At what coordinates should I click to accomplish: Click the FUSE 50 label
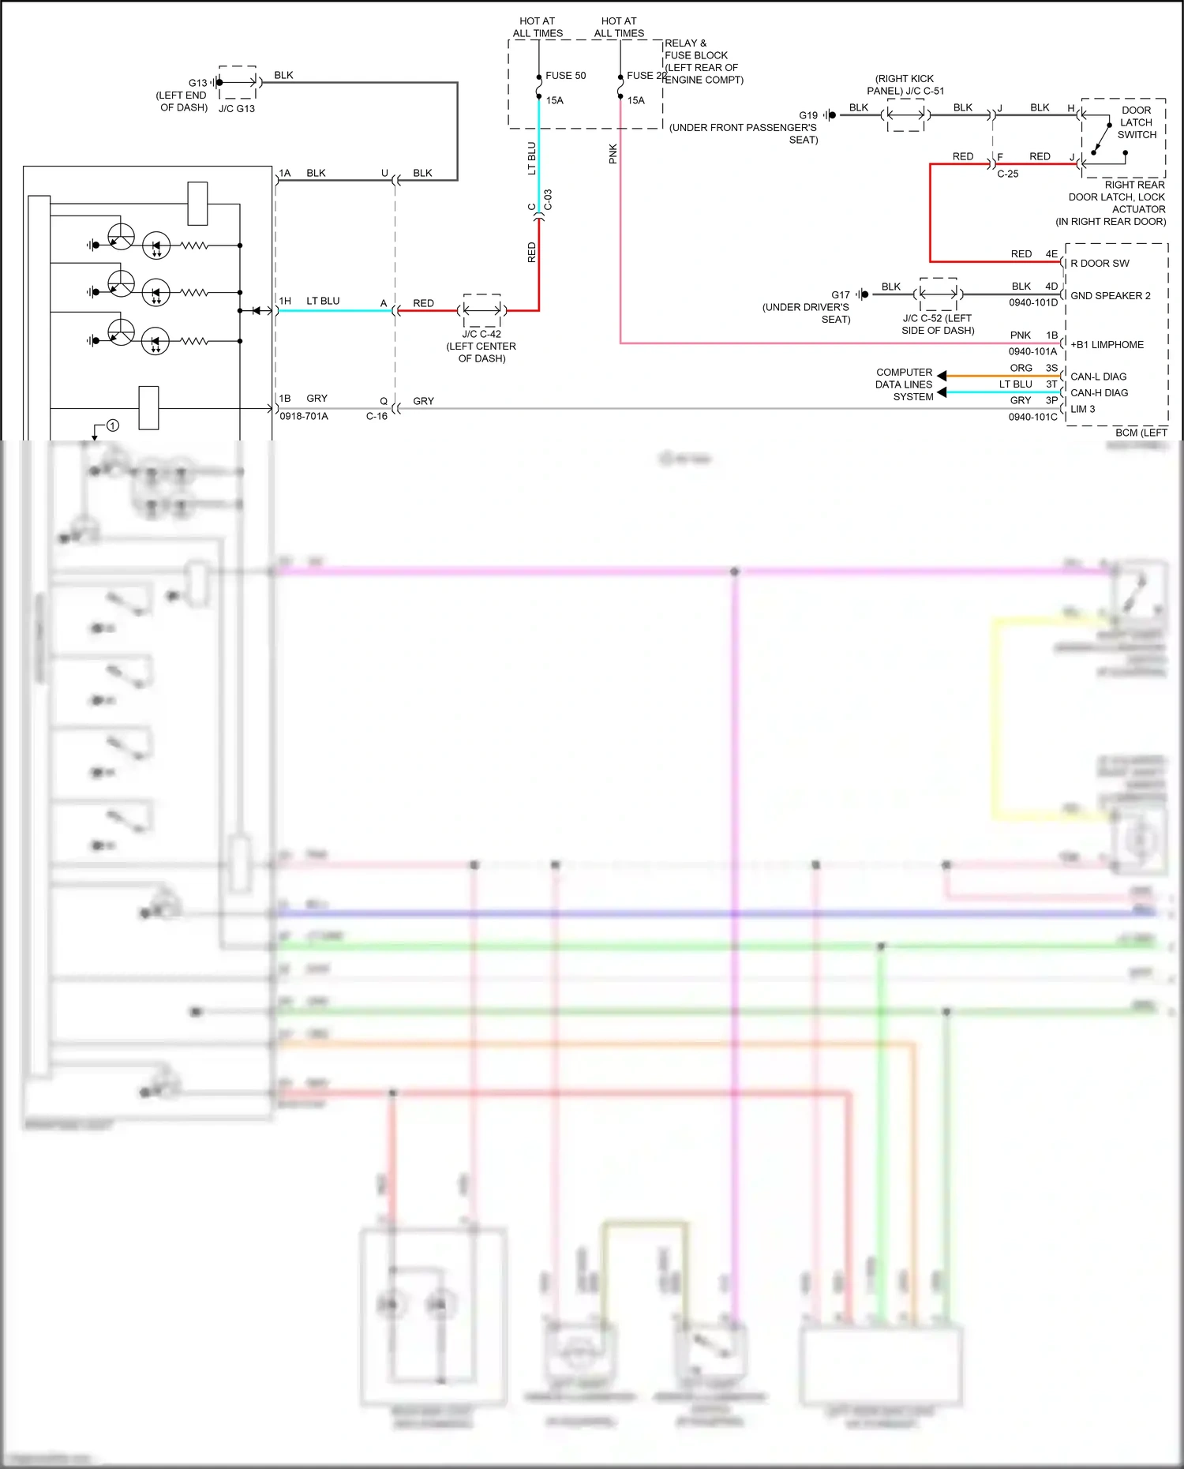[x=565, y=76]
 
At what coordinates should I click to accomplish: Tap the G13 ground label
[x=197, y=83]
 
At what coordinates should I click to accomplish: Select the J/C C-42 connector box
[x=481, y=310]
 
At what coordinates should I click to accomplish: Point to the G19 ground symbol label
[x=808, y=115]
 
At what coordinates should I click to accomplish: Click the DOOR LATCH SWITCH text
[x=1136, y=122]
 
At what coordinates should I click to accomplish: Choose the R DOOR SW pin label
[x=1100, y=264]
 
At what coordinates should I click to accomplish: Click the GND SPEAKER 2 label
[x=1110, y=296]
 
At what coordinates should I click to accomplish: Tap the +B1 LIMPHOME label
[x=1107, y=345]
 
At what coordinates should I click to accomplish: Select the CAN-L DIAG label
[x=1098, y=377]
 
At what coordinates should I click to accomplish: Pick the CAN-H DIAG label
[x=1099, y=392]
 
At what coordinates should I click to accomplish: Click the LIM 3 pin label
[x=1082, y=409]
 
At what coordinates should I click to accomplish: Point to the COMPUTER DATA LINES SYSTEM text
[x=904, y=384]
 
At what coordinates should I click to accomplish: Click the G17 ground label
[x=840, y=294]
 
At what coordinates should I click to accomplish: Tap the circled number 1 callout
[x=113, y=425]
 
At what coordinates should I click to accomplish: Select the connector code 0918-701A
[x=303, y=416]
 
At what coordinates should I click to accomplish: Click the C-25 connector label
[x=1007, y=174]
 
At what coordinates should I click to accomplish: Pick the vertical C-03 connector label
[x=548, y=200]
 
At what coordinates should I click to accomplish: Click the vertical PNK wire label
[x=613, y=153]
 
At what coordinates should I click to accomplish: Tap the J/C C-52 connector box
[x=939, y=294]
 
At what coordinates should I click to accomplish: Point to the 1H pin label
[x=285, y=301]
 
